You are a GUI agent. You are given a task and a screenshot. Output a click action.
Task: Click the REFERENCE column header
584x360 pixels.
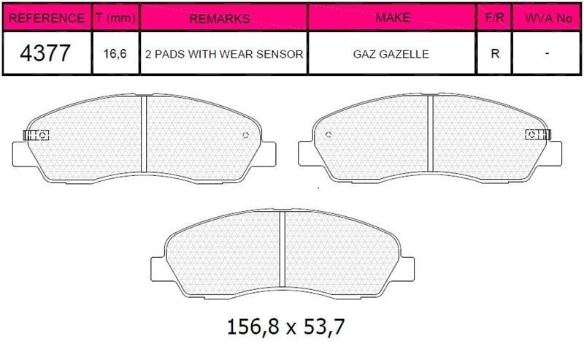coord(46,18)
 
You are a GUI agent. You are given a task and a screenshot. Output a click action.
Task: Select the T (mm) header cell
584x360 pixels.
coord(115,17)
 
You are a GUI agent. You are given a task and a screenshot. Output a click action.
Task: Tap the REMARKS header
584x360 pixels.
coord(220,18)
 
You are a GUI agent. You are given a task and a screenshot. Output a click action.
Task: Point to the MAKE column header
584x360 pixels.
coord(393,17)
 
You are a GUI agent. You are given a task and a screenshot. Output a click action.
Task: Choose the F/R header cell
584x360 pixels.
coord(494,17)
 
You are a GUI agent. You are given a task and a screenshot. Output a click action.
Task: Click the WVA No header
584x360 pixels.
coord(548,18)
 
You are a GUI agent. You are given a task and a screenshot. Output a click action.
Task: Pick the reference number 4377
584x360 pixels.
coord(45,53)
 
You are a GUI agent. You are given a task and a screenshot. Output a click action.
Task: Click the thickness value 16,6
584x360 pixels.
coord(115,53)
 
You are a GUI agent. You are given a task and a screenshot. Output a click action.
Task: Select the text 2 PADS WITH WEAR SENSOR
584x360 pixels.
coord(224,54)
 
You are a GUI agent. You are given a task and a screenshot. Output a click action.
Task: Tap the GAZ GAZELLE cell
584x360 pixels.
coord(391,54)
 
